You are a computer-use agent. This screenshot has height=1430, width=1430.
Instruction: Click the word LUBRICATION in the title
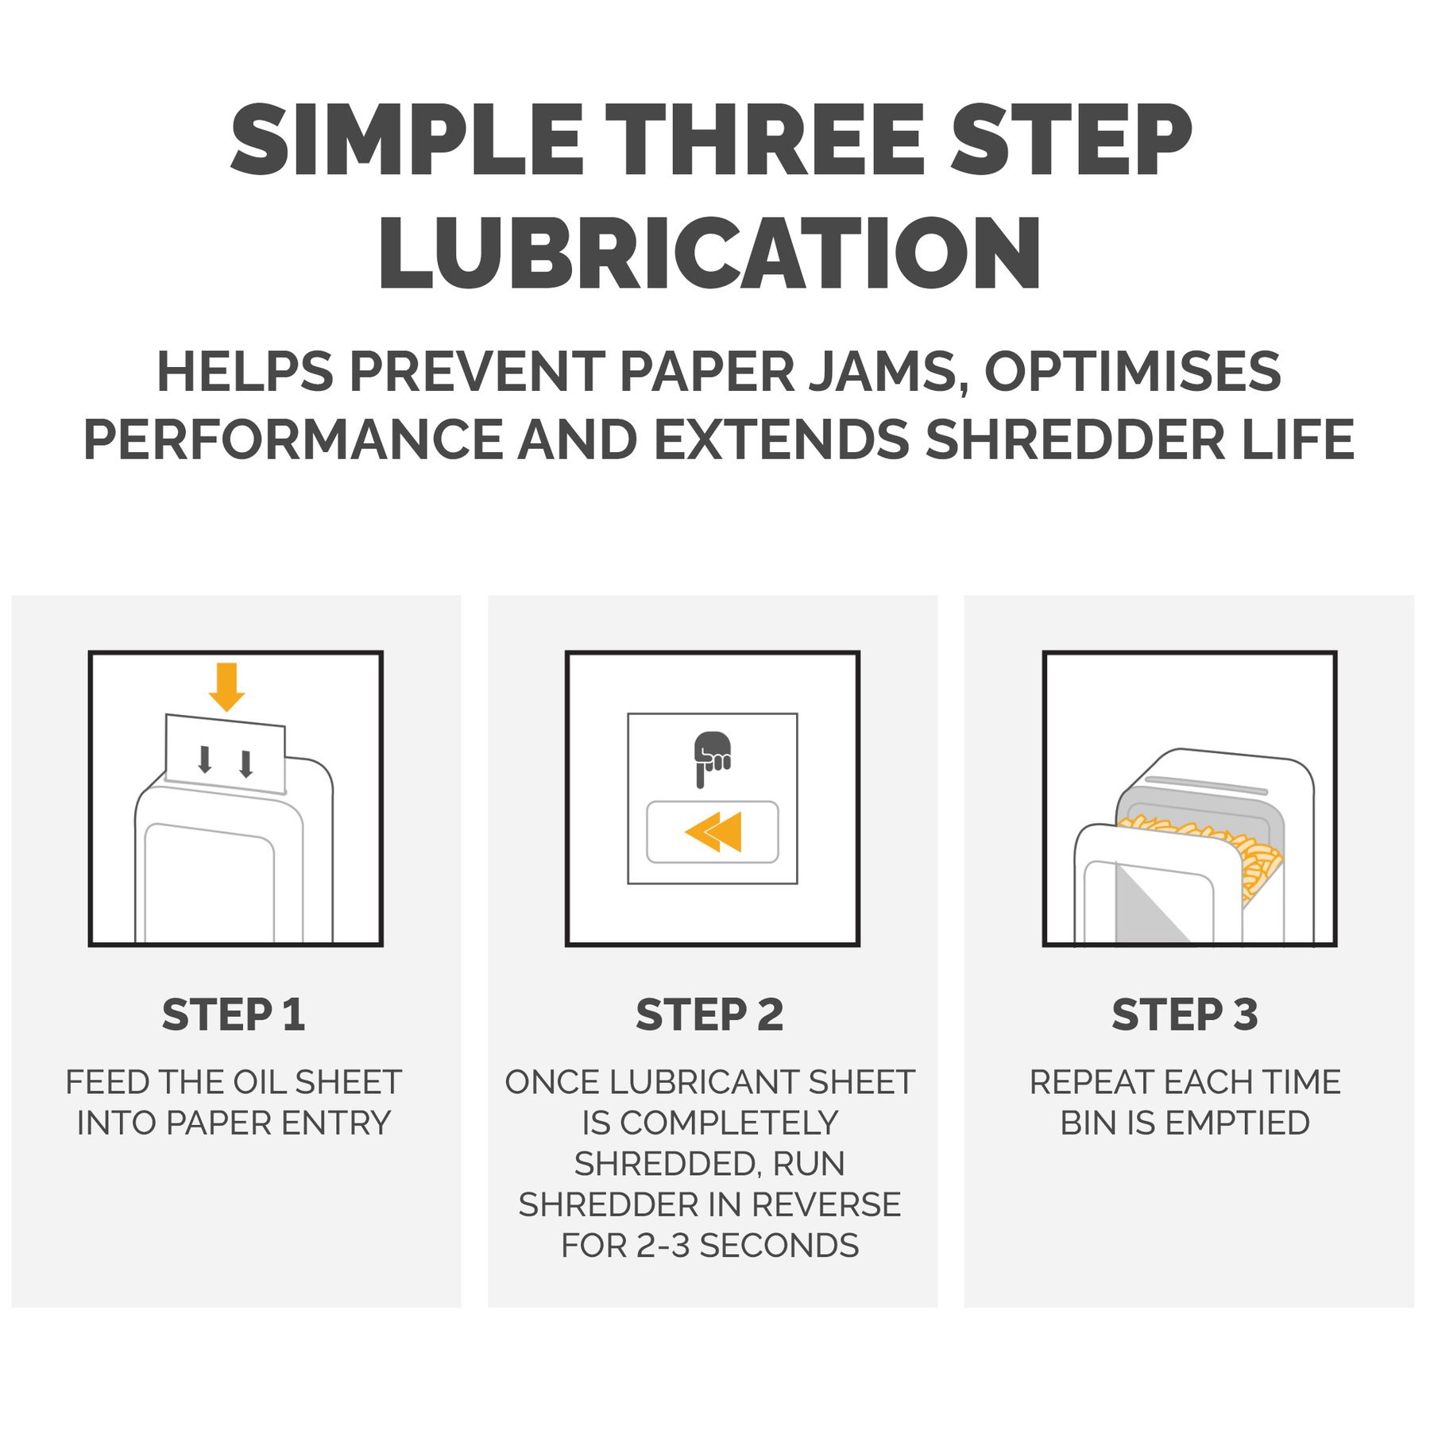(x=709, y=253)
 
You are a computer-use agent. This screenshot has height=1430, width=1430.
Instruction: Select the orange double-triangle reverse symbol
(x=713, y=832)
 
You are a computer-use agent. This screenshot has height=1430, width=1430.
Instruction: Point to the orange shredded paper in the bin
(x=1212, y=854)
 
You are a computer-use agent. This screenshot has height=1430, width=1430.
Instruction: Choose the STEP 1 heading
(x=234, y=1015)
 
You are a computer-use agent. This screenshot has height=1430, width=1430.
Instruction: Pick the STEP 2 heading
(x=709, y=1015)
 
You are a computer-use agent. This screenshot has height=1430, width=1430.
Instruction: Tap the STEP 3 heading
(x=1185, y=1015)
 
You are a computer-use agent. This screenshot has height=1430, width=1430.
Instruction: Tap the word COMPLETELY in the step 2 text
(x=729, y=1123)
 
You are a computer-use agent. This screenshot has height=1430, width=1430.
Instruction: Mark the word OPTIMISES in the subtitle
(x=1133, y=372)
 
